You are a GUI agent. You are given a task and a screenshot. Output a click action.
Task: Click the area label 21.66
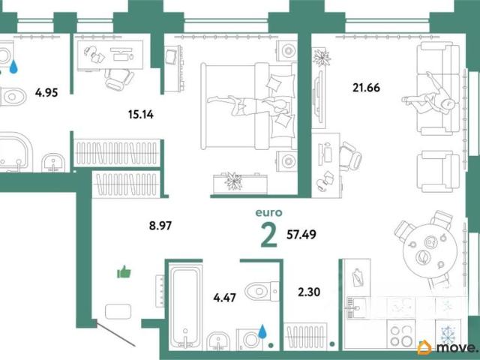[x=366, y=88]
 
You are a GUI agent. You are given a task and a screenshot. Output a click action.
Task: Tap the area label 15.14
[x=141, y=115]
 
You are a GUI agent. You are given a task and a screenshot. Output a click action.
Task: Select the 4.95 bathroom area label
[x=46, y=92]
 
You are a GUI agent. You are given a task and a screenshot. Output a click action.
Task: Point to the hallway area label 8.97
[x=160, y=226]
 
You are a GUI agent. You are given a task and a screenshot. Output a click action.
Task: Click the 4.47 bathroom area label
[x=225, y=298]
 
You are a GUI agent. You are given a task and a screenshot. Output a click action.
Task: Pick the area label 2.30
[x=309, y=292]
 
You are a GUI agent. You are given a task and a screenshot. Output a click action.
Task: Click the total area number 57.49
[x=301, y=235]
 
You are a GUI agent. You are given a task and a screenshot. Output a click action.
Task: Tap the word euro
[x=268, y=212]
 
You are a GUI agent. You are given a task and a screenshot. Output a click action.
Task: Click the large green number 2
[x=269, y=235]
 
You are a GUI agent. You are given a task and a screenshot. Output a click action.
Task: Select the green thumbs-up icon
[x=124, y=271]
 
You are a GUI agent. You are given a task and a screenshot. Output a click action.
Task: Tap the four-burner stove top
[x=401, y=334]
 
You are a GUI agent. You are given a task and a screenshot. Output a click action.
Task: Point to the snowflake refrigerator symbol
[x=448, y=334]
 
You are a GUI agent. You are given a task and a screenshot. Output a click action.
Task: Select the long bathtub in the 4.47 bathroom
[x=184, y=307]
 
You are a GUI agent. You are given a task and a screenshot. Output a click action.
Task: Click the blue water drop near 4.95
[x=13, y=67]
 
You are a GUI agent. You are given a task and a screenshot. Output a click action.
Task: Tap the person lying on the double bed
[x=248, y=105]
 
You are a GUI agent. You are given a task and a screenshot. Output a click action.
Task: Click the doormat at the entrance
[x=118, y=312]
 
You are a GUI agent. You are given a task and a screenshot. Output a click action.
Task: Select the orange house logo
[x=424, y=348]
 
